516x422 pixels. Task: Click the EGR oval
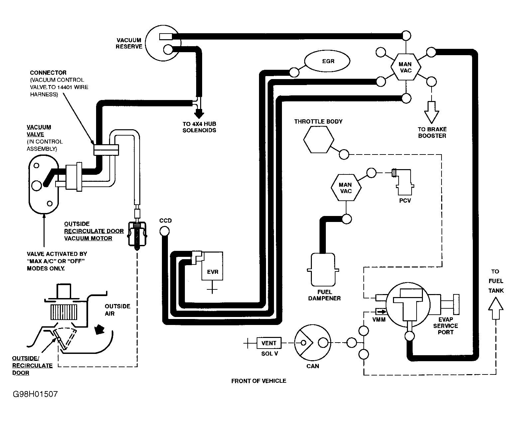[x=327, y=61]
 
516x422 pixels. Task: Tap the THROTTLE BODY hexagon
[x=318, y=140]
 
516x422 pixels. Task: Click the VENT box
[x=269, y=343]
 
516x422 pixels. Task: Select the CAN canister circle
[x=312, y=343]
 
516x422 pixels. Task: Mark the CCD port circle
[x=164, y=231]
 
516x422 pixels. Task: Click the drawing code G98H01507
[x=35, y=394]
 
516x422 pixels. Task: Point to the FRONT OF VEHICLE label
[x=259, y=381]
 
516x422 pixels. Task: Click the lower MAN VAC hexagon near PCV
[x=346, y=188]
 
